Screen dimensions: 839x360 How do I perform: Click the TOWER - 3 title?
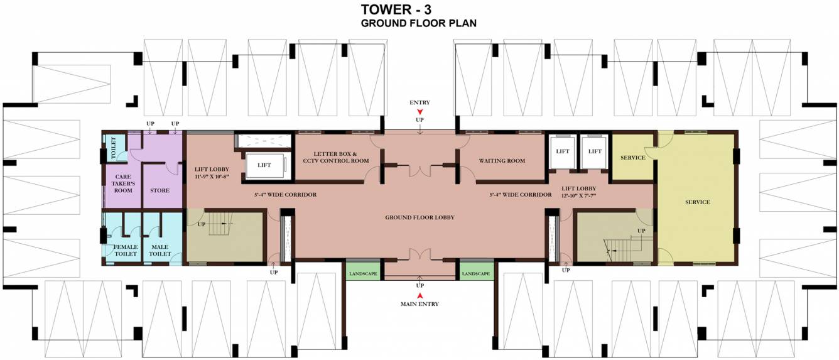[396, 9]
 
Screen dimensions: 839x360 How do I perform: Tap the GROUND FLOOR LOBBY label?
[420, 217]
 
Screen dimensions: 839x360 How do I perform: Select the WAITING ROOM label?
[502, 161]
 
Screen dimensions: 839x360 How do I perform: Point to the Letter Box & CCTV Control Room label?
[336, 157]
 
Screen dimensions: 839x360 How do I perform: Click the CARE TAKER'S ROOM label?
[123, 183]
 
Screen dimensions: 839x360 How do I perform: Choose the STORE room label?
[160, 190]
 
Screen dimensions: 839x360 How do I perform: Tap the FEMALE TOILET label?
[126, 250]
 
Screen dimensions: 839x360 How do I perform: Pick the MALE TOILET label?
[160, 250]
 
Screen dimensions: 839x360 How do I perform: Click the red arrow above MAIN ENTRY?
[420, 295]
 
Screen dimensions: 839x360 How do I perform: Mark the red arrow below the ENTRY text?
[420, 111]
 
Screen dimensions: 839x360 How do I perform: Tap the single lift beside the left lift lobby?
[264, 165]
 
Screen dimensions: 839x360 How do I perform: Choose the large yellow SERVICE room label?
[698, 202]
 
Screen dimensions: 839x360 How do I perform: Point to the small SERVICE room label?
[633, 158]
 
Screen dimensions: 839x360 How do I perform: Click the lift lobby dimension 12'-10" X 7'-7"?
[578, 195]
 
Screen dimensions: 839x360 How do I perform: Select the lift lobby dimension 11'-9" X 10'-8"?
[212, 177]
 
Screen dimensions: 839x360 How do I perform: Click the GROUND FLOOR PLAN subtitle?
[419, 23]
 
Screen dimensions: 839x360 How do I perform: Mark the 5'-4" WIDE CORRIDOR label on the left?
[285, 195]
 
